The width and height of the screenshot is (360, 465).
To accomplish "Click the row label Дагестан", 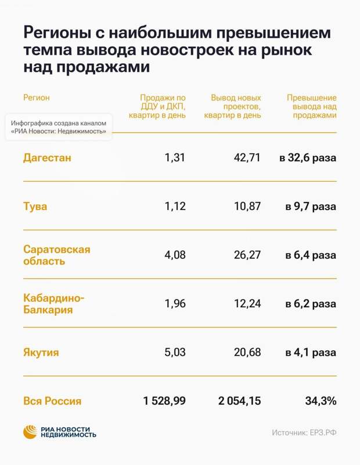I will pos(47,157).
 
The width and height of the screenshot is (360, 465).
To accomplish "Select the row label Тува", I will pos(35,206).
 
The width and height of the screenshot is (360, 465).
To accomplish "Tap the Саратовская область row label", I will pos(56,255).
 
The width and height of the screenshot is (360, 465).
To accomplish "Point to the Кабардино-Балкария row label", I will pos(53,304).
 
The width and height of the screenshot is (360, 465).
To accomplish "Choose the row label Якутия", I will pos(41,352).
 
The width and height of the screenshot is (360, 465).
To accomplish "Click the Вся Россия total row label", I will pos(52,401).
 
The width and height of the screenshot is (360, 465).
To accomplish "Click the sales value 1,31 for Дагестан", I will pos(175,157).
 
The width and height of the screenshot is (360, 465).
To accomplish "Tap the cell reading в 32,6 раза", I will pos(307,157).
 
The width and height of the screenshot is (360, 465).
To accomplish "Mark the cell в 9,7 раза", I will pos(311,206).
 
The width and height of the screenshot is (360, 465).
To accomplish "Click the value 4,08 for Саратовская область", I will pos(174,255).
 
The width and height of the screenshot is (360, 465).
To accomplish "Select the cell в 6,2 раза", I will pos(311,304).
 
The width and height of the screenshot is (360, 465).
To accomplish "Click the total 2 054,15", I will pos(240,401).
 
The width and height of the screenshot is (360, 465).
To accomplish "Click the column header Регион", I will pos(36,98).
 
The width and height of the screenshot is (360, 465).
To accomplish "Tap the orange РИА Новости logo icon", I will pos(30,432).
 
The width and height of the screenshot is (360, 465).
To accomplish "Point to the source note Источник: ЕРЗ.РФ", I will pos(304,432).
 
